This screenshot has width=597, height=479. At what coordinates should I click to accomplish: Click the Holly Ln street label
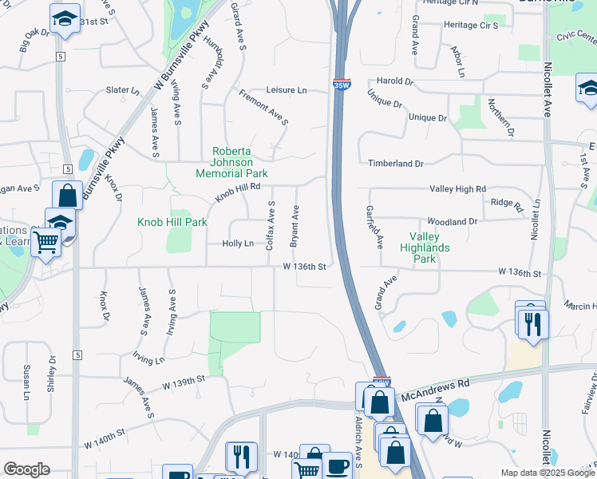click(238, 243)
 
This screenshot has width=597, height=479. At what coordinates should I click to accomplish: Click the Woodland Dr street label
click(452, 221)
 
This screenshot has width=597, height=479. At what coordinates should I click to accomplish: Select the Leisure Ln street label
click(285, 91)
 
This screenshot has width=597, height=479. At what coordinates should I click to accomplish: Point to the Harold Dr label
click(395, 81)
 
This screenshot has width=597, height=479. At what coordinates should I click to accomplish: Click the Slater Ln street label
click(123, 90)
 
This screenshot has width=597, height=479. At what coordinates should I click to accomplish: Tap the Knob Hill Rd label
click(238, 192)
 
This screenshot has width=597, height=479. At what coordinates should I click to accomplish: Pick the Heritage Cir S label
click(471, 26)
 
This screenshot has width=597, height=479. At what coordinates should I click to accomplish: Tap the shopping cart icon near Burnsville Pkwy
click(47, 240)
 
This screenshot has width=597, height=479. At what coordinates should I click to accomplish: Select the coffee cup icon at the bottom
click(337, 465)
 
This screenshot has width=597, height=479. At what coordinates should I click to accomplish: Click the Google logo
click(27, 469)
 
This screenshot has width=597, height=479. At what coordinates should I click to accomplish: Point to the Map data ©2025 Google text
click(547, 473)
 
